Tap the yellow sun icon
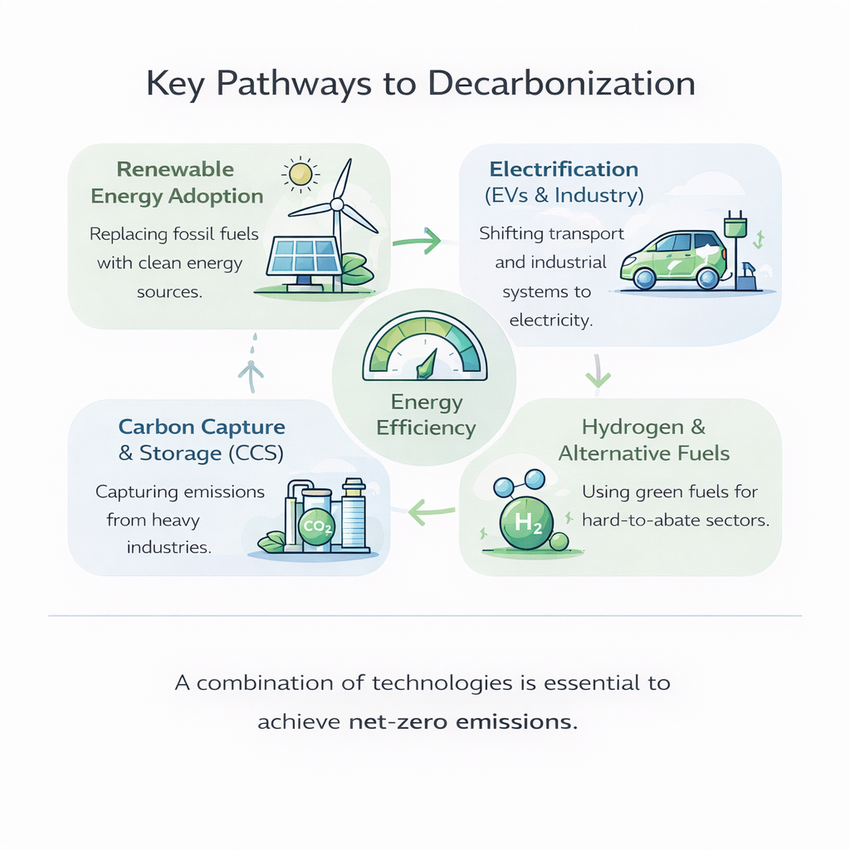tap(300, 173)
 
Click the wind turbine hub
tap(337, 203)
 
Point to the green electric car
tap(673, 259)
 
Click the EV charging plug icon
tap(735, 228)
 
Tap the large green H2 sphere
tap(525, 522)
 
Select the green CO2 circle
tap(315, 528)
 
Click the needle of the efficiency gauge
tap(427, 364)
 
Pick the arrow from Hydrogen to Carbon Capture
tap(432, 513)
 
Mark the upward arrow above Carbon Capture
tap(251, 369)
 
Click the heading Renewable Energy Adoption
tap(177, 183)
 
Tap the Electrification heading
tap(564, 170)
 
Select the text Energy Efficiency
tap(426, 415)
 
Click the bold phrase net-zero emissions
tap(462, 721)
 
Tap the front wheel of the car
tap(644, 278)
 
